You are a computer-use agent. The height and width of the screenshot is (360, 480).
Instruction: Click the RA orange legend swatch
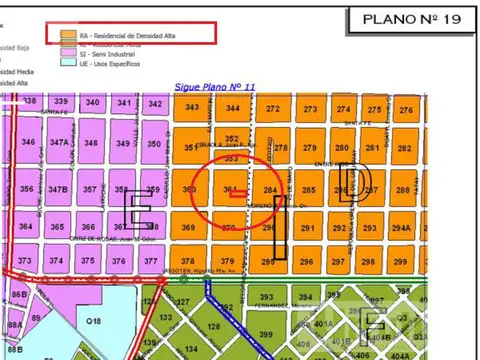[69, 33]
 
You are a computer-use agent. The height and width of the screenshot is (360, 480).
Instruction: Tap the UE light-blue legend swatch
[69, 64]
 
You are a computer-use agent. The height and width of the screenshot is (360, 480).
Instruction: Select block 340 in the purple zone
[92, 103]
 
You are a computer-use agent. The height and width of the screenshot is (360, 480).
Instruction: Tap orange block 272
[273, 108]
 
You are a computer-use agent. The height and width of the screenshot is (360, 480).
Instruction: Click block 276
[405, 109]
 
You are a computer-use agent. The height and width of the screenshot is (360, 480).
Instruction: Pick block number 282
[404, 148]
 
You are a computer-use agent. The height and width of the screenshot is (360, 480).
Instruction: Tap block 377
[150, 261]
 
